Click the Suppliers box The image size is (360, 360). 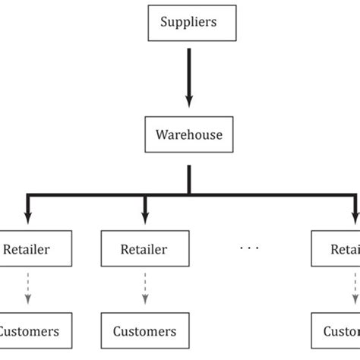pos(189,22)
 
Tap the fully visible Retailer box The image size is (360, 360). pos(144,248)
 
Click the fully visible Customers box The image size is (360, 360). pos(144,331)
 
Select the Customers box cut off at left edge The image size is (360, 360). pos(29,331)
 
